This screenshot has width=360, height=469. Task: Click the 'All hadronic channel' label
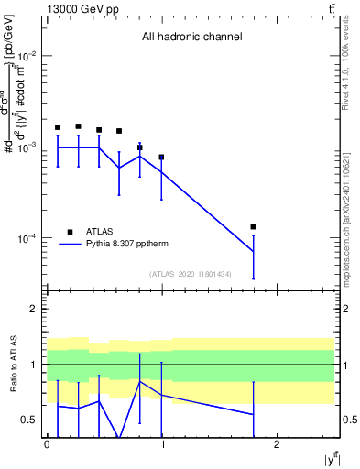click(x=191, y=38)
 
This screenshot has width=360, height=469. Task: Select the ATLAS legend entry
click(x=99, y=232)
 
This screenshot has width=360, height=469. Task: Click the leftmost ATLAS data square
click(x=58, y=127)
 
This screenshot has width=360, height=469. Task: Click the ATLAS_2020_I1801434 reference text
click(x=191, y=274)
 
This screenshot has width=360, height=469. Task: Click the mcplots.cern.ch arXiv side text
click(x=352, y=201)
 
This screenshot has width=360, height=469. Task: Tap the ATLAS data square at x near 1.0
click(x=161, y=157)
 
